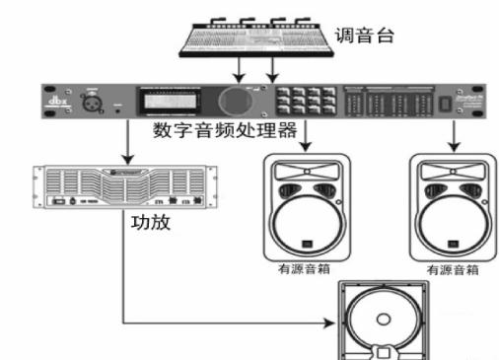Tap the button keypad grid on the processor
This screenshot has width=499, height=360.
click(301, 101)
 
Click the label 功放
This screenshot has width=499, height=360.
click(151, 223)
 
